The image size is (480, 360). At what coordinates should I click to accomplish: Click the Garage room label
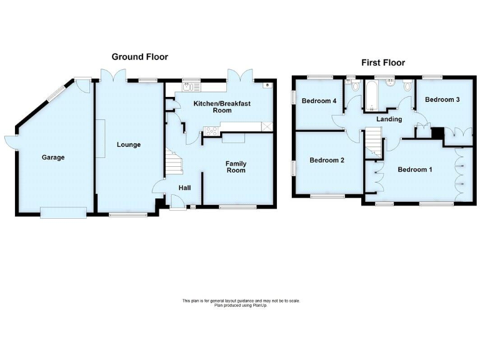[x=53, y=157]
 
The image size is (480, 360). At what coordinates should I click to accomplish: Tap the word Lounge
[x=129, y=145]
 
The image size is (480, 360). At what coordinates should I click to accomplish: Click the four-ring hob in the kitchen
[x=209, y=131]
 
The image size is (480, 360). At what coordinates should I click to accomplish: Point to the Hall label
[x=184, y=187]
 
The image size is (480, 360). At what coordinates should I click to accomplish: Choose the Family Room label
[x=236, y=167]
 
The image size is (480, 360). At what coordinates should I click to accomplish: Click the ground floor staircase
[x=173, y=164]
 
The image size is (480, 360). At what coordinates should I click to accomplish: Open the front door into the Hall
[x=177, y=201]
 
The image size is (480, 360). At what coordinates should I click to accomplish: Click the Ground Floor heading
[x=139, y=57]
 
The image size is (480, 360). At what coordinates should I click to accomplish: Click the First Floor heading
[x=383, y=62]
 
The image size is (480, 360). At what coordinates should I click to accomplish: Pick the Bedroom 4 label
[x=319, y=101]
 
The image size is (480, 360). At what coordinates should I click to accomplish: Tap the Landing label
[x=389, y=119]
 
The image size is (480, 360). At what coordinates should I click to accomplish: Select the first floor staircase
[x=373, y=141]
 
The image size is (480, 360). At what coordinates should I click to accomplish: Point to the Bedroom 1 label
[x=414, y=170]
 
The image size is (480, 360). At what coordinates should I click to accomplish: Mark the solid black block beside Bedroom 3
[x=437, y=132]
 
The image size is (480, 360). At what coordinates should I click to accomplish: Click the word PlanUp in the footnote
[x=248, y=305]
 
